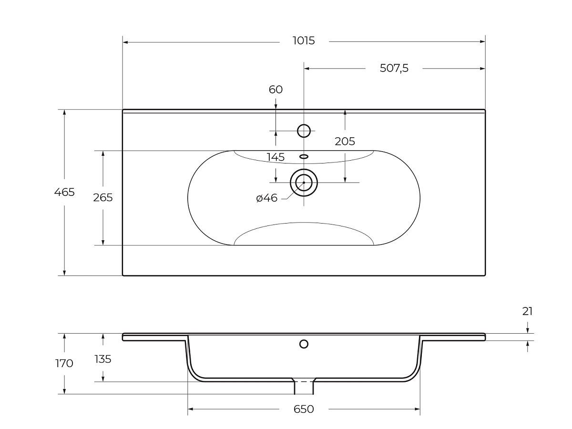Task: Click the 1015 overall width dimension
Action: coord(304,41)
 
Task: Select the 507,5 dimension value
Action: coord(394,68)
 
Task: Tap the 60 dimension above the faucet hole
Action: coord(276,90)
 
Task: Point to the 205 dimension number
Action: coord(345,142)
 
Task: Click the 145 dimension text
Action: coord(276,157)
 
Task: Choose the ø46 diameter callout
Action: coord(267,198)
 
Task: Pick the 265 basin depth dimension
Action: coord(103,198)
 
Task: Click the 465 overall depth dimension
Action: coord(64,192)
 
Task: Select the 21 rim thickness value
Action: coord(528,311)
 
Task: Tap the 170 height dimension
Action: coord(64,363)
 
